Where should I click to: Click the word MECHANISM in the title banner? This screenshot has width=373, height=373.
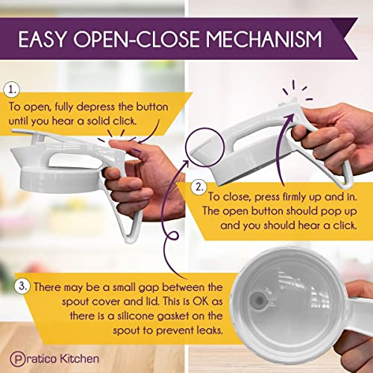point(264,39)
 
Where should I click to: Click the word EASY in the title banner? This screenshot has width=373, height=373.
point(43,39)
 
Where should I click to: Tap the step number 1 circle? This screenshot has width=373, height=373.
point(12,90)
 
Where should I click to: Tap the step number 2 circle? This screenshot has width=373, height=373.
point(199,187)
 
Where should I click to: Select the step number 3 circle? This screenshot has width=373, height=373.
point(22,286)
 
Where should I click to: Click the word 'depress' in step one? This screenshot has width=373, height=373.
point(95,107)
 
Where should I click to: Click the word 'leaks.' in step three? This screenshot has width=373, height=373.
point(210,330)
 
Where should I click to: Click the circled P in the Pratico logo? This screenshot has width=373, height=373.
point(18,359)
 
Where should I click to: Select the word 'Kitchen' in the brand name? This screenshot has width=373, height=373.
point(80,359)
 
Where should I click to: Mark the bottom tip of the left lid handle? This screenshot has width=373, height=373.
point(130,241)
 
